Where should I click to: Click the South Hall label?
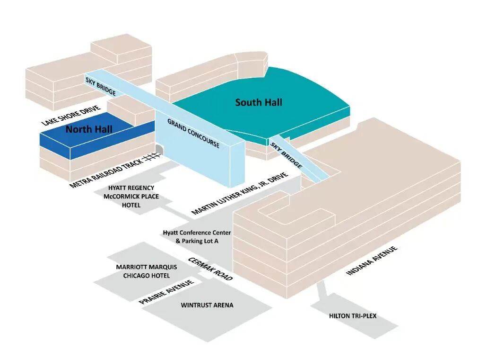click(258, 102)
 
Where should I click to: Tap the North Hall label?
click(89, 129)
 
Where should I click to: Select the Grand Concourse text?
click(193, 133)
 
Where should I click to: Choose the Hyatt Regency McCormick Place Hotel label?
click(131, 196)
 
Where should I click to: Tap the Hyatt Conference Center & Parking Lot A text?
click(197, 237)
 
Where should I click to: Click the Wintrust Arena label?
click(207, 305)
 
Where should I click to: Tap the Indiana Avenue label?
click(372, 260)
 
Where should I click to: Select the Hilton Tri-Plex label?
click(353, 315)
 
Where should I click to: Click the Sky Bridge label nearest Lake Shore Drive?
click(101, 86)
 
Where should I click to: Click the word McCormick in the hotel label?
click(122, 196)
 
